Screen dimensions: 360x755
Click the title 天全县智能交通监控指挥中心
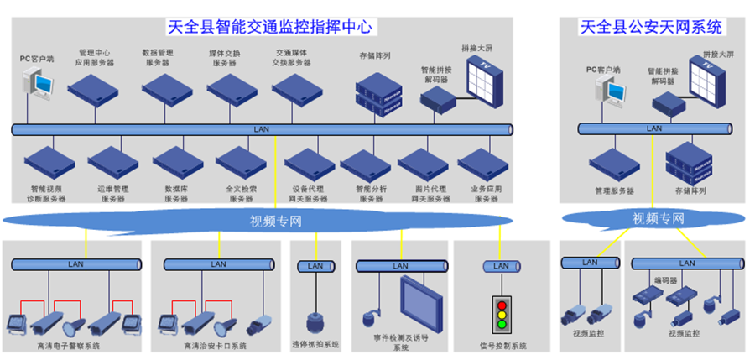point(270,27)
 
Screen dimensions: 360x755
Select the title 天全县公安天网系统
point(651,27)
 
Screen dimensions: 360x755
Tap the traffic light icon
point(502,312)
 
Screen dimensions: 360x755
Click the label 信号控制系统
point(502,345)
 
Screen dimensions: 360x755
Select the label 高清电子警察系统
point(71,345)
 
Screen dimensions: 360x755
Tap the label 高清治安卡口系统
point(216,345)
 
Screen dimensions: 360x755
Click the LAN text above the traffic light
point(501,266)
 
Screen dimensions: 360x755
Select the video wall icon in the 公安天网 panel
point(715,80)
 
